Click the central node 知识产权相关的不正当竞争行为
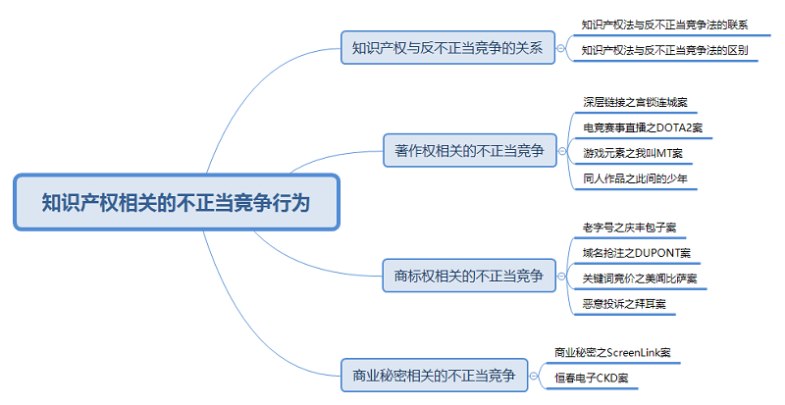pyautogui.click(x=177, y=203)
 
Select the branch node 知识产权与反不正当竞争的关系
pyautogui.click(x=446, y=46)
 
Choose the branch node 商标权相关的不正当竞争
pyautogui.click(x=468, y=276)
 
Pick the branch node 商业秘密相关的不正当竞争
pyautogui.click(x=434, y=375)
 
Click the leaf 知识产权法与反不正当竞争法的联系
pyautogui.click(x=664, y=24)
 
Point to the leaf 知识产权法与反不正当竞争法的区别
pyautogui.click(x=664, y=49)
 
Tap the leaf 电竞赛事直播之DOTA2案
pyautogui.click(x=642, y=127)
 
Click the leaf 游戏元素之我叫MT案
pyautogui.click(x=632, y=153)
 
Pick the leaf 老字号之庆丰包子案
pyautogui.click(x=629, y=228)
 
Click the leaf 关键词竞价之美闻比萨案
pyautogui.click(x=639, y=279)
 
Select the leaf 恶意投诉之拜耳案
pyautogui.click(x=623, y=305)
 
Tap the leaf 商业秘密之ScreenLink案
pyautogui.click(x=612, y=351)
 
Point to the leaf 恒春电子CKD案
pyautogui.click(x=591, y=378)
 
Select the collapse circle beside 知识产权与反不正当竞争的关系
pyautogui.click(x=560, y=46)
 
